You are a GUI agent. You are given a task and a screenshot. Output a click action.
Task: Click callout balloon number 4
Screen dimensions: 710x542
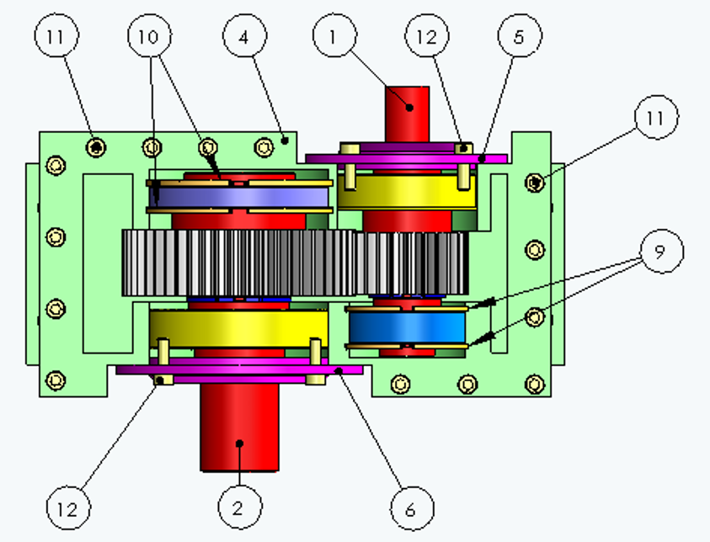click(x=244, y=35)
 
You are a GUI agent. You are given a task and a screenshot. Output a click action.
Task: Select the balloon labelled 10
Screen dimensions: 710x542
click(x=150, y=35)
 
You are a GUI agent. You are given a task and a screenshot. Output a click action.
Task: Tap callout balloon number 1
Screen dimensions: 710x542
click(x=334, y=35)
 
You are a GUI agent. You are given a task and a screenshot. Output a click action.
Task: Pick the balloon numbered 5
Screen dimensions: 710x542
click(x=520, y=35)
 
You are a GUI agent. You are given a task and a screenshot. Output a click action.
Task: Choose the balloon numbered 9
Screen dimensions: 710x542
click(x=662, y=251)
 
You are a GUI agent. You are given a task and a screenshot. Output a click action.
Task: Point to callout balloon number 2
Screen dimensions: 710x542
click(x=239, y=507)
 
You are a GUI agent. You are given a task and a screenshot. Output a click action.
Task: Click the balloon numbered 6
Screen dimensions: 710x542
click(x=412, y=508)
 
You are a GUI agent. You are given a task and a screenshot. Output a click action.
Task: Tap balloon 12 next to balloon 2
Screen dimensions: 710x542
click(x=68, y=508)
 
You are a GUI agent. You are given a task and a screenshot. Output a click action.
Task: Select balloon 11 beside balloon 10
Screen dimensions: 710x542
click(x=56, y=35)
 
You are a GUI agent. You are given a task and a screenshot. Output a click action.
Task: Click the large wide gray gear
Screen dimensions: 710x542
click(x=238, y=263)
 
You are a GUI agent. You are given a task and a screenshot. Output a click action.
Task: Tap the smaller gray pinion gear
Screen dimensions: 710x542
click(x=411, y=263)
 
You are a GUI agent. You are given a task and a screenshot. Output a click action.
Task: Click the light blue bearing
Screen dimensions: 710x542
click(x=407, y=327)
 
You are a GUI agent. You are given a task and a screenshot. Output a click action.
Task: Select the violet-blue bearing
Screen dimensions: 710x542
click(x=238, y=197)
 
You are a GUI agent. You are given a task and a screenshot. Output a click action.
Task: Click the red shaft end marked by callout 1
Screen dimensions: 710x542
click(x=407, y=114)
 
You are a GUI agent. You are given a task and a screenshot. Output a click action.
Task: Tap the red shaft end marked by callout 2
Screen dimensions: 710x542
click(x=239, y=427)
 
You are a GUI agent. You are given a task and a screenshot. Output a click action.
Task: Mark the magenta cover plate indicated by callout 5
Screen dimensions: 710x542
click(x=406, y=158)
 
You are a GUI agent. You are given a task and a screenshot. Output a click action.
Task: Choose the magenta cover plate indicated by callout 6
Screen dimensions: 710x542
click(x=239, y=369)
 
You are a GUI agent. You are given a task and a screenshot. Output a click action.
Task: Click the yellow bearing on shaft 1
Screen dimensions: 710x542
click(x=407, y=192)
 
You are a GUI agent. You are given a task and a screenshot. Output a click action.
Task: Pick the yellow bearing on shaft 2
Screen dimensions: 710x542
click(x=238, y=328)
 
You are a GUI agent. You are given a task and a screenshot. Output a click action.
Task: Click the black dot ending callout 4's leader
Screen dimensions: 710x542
click(x=285, y=141)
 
